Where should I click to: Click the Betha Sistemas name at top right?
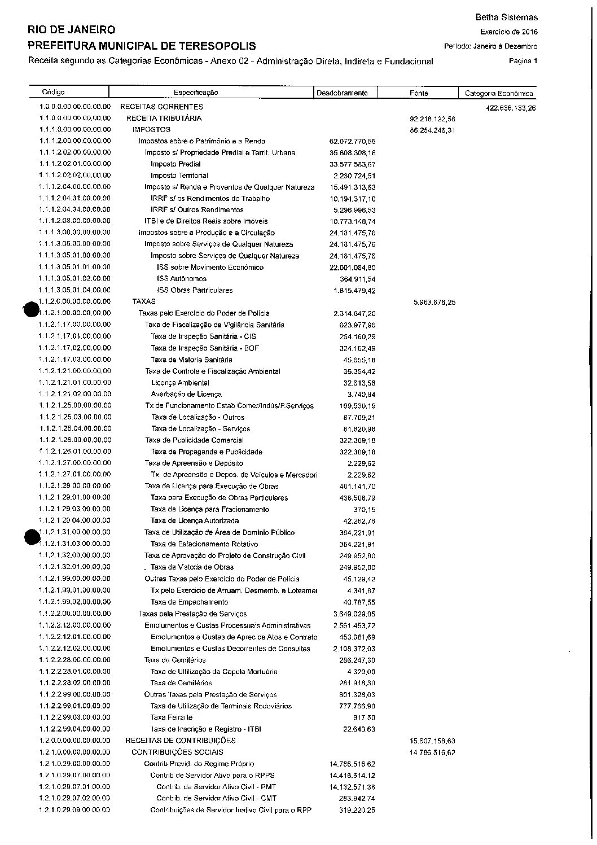click(507, 18)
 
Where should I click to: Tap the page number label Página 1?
click(523, 61)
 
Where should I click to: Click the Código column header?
click(54, 92)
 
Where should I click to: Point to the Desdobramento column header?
click(342, 93)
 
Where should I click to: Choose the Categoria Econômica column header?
click(498, 94)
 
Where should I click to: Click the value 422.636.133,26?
click(511, 108)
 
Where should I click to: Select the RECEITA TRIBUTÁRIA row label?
click(164, 119)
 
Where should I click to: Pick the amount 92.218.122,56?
click(433, 119)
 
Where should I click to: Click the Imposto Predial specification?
click(175, 164)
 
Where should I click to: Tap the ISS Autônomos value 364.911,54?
click(354, 279)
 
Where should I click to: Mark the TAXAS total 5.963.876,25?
click(434, 303)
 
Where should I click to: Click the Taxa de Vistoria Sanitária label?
click(191, 360)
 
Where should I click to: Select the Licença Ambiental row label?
click(180, 383)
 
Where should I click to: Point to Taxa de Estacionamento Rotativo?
click(204, 544)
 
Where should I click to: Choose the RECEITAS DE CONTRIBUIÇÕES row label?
click(181, 741)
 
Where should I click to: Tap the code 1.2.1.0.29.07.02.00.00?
click(75, 798)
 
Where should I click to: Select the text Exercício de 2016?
click(509, 32)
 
